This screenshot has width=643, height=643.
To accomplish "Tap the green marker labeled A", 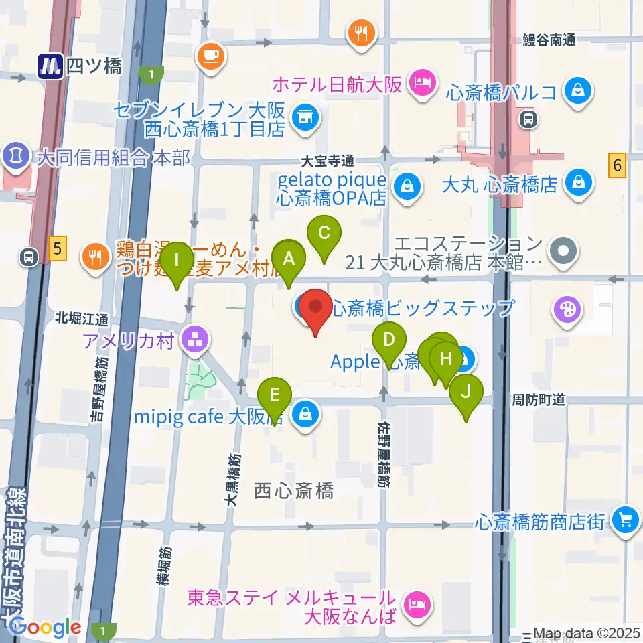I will tap(289, 259).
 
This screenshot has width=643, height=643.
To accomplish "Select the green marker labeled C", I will tap(324, 234).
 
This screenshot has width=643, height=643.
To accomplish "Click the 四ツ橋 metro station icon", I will tap(50, 66).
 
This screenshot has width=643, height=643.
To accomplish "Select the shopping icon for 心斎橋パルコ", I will tap(576, 90).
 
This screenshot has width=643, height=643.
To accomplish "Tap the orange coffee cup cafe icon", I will tap(211, 54).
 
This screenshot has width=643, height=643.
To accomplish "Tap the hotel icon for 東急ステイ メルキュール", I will tap(418, 605).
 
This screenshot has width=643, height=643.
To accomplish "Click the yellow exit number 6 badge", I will tap(618, 165).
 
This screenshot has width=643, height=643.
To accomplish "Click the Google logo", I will tap(45, 628).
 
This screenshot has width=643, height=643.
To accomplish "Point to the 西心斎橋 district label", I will tap(294, 491).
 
